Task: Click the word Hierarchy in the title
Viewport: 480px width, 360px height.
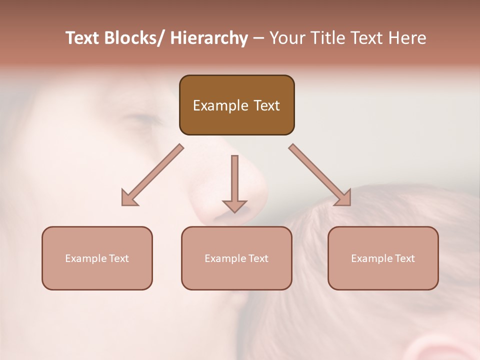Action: [x=209, y=38]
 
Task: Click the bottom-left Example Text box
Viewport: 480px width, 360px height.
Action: [x=97, y=258]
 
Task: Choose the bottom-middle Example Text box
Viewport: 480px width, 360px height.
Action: [x=236, y=258]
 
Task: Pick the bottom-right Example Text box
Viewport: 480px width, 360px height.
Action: [x=383, y=258]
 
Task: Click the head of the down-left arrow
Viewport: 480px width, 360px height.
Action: [x=129, y=198]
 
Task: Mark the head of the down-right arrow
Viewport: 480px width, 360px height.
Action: [x=343, y=198]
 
